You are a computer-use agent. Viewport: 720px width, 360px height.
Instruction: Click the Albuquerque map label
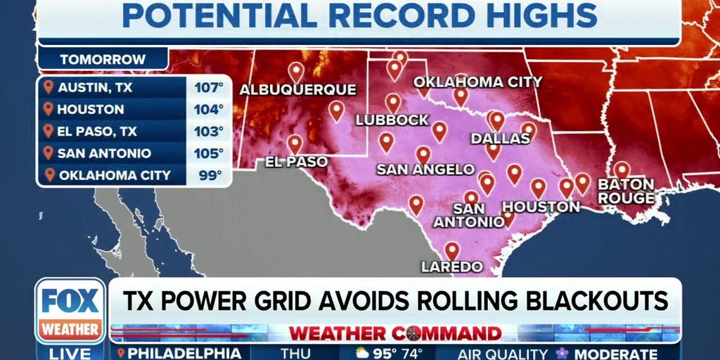pos(298,90)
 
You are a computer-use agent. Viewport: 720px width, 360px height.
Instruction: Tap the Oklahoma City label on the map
pos(477,82)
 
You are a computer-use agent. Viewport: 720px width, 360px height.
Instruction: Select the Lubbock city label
pos(392,120)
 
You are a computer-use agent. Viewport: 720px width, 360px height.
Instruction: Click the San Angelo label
pos(425,169)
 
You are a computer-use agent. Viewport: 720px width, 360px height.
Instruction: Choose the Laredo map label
pos(451,266)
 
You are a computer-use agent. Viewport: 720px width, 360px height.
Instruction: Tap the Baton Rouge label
pos(626,191)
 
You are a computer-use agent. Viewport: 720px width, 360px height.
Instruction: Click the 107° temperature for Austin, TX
pos(209,89)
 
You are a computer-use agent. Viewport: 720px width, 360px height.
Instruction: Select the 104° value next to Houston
pos(209,110)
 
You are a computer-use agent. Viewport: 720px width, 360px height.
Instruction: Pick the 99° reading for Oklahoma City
pos(209,175)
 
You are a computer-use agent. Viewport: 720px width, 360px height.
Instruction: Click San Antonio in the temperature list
pos(103,153)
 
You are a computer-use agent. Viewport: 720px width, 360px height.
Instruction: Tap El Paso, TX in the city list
pos(96,131)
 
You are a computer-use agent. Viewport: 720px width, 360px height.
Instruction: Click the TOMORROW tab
pos(103,60)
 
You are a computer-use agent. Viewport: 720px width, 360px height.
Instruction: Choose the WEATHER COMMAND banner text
pos(394,333)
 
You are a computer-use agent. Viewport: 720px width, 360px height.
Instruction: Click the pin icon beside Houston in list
pos(48,110)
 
